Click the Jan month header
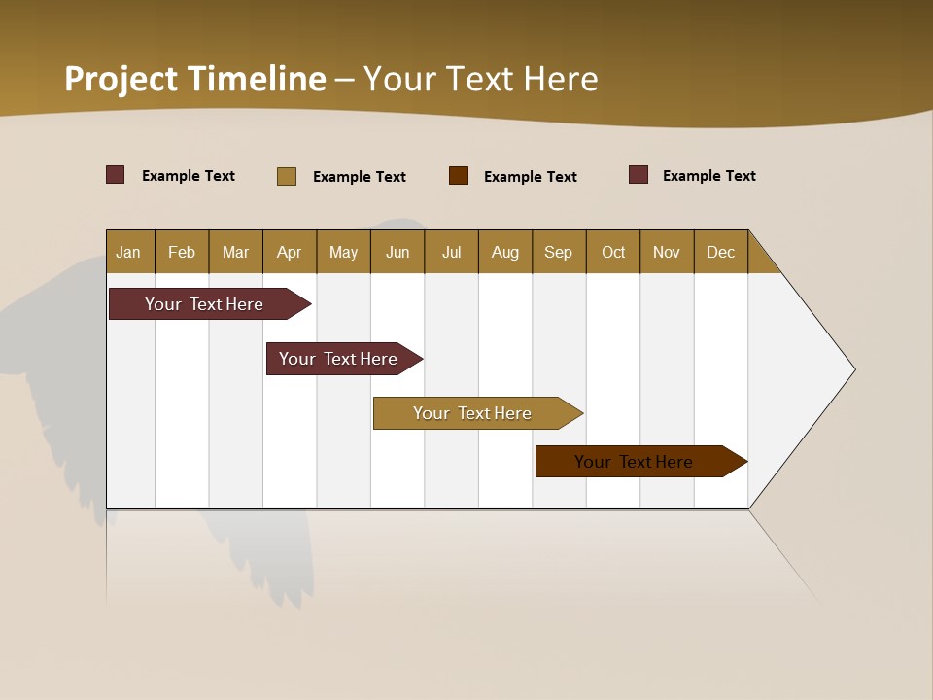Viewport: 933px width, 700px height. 128,252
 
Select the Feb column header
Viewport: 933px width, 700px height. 182,252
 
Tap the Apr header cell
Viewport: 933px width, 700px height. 289,252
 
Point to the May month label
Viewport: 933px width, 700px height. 343,252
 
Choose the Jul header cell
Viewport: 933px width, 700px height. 451,252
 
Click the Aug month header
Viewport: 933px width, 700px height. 504,252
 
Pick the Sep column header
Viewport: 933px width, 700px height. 558,252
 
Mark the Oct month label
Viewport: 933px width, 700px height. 613,252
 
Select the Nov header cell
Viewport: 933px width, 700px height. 667,252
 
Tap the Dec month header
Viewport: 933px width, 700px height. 720,252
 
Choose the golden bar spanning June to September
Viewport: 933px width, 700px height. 473,413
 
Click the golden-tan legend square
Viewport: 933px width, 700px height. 287,176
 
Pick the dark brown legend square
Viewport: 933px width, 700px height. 459,176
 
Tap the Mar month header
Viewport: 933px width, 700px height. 235,252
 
